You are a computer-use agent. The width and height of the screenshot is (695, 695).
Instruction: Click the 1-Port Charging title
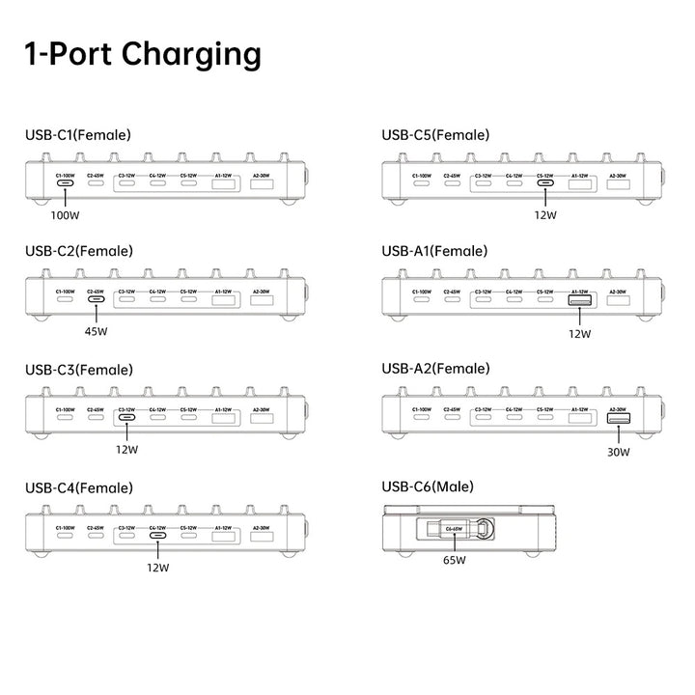[x=143, y=54]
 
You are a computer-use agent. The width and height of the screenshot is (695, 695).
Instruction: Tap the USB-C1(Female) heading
[x=78, y=135]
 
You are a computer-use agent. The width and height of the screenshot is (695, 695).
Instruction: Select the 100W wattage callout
[x=65, y=215]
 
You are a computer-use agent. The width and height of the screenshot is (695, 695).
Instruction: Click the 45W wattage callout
[x=96, y=331]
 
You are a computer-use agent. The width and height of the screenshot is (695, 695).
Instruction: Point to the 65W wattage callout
[x=455, y=559]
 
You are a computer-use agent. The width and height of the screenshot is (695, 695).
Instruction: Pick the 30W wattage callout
[x=618, y=451]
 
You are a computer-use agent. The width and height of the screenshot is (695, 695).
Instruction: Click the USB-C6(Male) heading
[x=428, y=486]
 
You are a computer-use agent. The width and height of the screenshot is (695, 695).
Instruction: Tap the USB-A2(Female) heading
[x=435, y=369]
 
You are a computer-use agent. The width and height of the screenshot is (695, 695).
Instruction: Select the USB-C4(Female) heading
[x=79, y=486]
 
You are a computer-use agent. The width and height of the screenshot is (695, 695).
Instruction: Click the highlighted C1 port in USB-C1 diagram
[x=65, y=183]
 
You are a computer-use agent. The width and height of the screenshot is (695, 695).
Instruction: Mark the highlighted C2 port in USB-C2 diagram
[x=96, y=299]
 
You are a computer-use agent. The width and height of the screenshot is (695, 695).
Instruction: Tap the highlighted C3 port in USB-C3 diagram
[x=126, y=417]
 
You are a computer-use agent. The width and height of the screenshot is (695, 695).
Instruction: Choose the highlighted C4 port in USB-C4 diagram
[x=157, y=534]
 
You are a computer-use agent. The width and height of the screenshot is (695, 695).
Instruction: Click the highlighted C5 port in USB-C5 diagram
[x=545, y=183]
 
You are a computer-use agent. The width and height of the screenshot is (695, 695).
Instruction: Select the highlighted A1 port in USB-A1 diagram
[x=580, y=301]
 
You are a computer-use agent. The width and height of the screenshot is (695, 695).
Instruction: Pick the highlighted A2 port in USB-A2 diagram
[x=618, y=418]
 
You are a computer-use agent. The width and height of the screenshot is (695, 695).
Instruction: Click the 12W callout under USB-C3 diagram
[x=126, y=449]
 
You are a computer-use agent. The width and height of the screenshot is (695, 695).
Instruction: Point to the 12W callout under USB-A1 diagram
[x=579, y=333]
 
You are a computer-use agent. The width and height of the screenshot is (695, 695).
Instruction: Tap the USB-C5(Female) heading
[x=435, y=135]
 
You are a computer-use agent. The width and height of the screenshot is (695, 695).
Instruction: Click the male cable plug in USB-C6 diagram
[x=453, y=530]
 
